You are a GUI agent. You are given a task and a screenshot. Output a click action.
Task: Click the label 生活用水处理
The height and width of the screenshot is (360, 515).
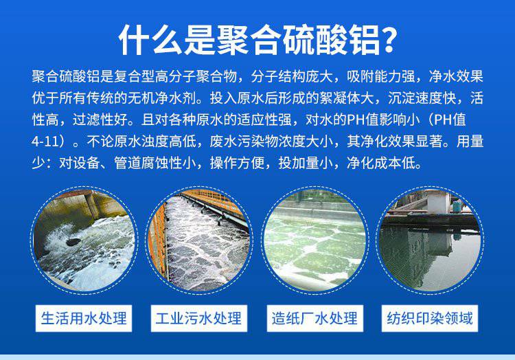(84, 318)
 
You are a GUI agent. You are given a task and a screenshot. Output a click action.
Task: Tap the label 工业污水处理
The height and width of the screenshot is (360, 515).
(198, 318)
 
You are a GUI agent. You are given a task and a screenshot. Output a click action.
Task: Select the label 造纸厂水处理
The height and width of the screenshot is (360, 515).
(314, 318)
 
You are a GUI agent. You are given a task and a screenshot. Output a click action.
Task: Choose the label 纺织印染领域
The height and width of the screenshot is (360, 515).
(430, 318)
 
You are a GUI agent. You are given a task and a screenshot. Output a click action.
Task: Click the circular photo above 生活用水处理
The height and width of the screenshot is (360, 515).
(84, 240)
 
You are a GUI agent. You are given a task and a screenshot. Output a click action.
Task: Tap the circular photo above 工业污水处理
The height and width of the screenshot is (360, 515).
(198, 240)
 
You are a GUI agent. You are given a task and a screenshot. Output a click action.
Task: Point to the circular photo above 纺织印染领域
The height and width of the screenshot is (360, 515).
(430, 240)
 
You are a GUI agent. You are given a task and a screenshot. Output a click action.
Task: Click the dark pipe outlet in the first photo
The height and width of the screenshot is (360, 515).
(73, 243)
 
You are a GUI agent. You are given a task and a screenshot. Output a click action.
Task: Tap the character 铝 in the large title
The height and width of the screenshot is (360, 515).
(364, 39)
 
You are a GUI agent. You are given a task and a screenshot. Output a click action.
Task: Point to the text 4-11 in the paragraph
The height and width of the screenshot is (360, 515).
(45, 142)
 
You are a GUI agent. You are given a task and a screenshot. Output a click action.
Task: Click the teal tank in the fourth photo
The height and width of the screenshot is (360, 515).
(457, 207)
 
